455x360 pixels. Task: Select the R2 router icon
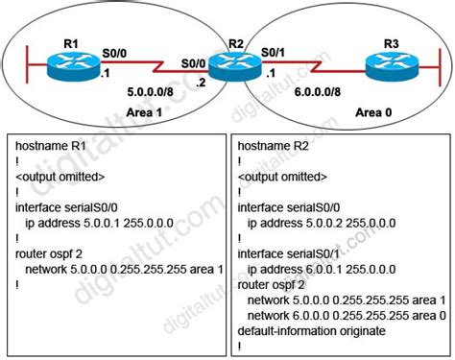(x=235, y=65)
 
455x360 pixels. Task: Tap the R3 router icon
(x=392, y=65)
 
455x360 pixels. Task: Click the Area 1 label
(x=144, y=112)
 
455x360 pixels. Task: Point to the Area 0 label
(x=373, y=112)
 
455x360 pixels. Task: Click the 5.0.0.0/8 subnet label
(x=150, y=92)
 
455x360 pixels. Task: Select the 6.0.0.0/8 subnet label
(x=318, y=92)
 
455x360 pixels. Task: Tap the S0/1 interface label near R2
(x=273, y=53)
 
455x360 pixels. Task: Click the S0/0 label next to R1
(x=114, y=53)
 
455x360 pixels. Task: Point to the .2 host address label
(x=201, y=83)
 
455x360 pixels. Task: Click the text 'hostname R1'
(x=51, y=146)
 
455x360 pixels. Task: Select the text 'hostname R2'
(x=273, y=146)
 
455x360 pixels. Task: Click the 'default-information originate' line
(x=311, y=331)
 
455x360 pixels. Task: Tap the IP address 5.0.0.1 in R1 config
(x=102, y=223)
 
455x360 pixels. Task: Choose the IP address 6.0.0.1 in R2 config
(x=323, y=270)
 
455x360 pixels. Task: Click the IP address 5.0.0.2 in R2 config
(x=323, y=223)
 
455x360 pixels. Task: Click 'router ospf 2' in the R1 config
(x=49, y=254)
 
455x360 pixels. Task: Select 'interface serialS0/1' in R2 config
(x=288, y=254)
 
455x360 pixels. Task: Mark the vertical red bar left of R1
(x=28, y=64)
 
